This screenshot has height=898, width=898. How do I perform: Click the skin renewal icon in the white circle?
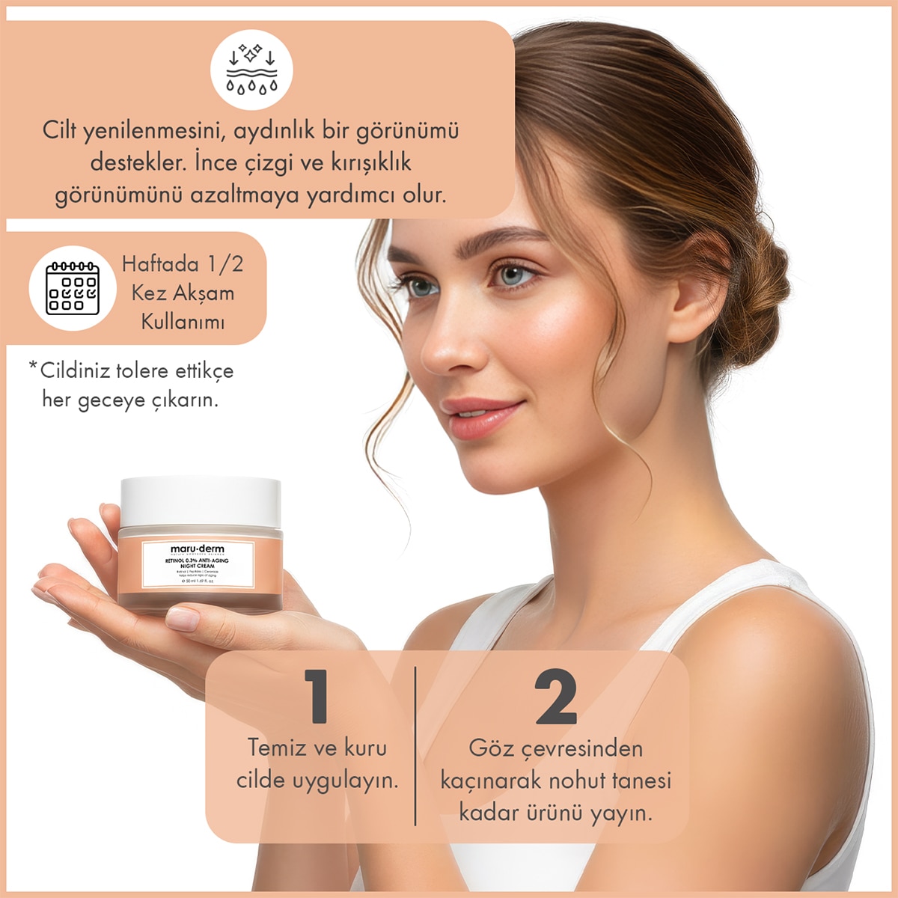click(x=251, y=70)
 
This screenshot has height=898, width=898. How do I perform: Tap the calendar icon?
click(x=73, y=288)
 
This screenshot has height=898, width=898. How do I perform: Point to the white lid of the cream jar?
click(x=201, y=501)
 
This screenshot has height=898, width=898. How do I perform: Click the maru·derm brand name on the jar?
click(x=197, y=549)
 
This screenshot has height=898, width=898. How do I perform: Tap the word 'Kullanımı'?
click(x=183, y=323)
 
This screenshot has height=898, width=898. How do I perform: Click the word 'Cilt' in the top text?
click(x=60, y=130)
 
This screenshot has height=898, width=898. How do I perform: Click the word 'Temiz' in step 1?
click(x=277, y=748)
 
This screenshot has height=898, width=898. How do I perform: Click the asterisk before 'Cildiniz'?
click(x=33, y=366)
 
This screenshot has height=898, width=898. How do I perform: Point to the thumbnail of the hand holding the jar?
click(x=182, y=619)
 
